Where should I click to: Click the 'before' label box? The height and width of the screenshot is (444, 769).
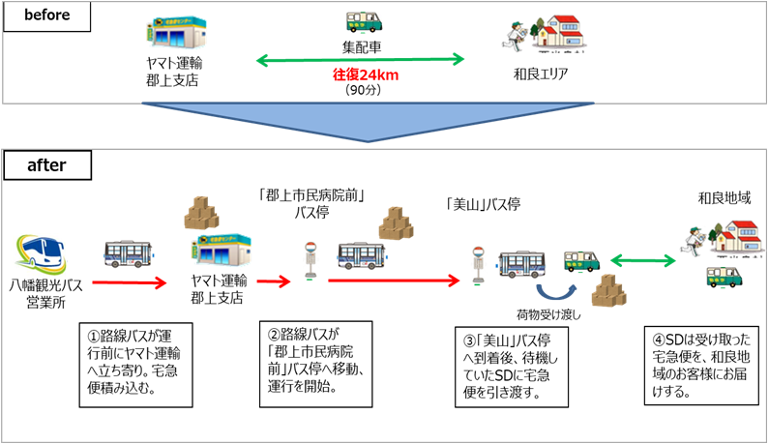[47, 15]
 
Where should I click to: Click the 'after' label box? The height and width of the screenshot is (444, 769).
[47, 164]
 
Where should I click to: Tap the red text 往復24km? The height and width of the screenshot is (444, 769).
[366, 75]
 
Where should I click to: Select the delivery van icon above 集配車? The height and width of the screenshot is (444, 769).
[365, 22]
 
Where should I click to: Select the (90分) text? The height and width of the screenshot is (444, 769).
[366, 90]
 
